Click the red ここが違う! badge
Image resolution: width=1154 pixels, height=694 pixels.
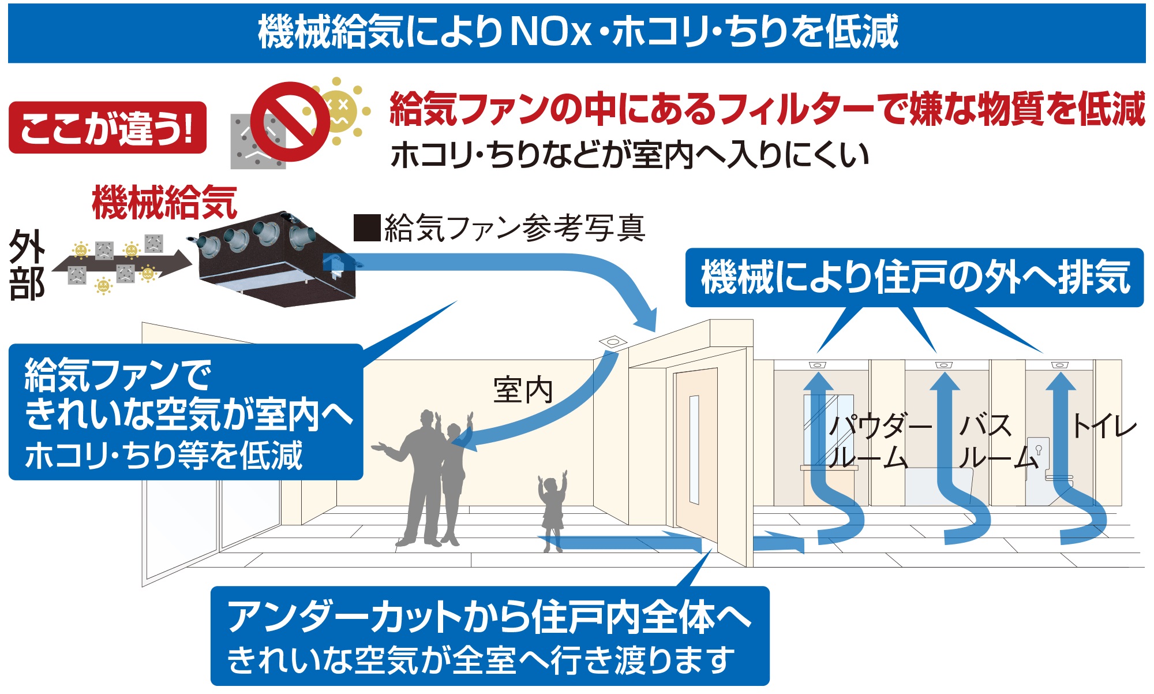[107, 128]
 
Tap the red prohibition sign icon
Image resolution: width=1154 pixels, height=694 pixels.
[290, 122]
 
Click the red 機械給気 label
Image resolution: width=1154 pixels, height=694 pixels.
[164, 203]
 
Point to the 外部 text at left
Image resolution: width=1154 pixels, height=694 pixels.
[27, 264]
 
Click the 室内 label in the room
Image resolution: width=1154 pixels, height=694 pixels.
[523, 390]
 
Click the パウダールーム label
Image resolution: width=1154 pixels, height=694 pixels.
[878, 442]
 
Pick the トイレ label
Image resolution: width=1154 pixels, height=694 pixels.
[1103, 427]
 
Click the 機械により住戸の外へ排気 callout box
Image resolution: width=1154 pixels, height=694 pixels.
[915, 278]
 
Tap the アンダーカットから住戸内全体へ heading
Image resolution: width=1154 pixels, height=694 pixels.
[489, 617]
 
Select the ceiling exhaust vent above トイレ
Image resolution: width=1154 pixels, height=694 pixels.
[1059, 365]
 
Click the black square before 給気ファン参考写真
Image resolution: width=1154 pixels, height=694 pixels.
[367, 227]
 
